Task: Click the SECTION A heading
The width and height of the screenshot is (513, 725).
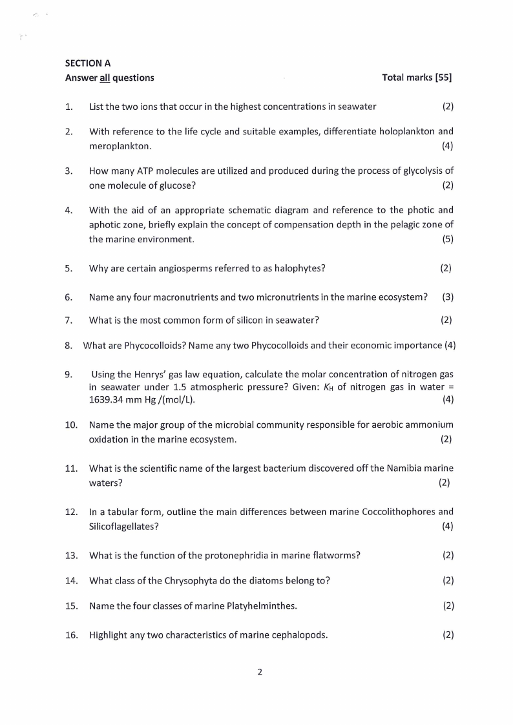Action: tap(88, 63)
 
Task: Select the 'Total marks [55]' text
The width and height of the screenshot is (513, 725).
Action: tap(417, 78)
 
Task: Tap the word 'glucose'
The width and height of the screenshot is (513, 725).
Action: tap(175, 185)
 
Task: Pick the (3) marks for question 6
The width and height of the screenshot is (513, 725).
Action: tap(447, 297)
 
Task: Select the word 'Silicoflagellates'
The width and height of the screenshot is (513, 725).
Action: tap(121, 527)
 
